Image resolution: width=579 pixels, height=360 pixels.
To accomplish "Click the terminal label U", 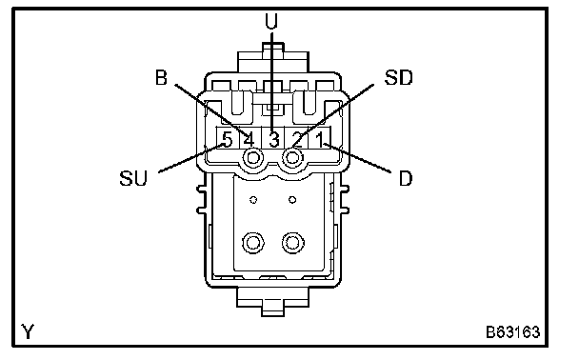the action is [271, 21].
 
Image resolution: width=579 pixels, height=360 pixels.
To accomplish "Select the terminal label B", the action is [161, 78].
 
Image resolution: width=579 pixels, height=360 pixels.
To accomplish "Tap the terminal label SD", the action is [398, 77].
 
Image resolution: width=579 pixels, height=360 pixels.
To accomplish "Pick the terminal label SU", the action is [133, 178].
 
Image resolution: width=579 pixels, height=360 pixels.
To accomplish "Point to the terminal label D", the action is [406, 179].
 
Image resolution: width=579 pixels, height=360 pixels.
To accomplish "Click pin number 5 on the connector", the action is [227, 140].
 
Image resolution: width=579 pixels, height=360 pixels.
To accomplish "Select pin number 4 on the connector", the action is [250, 140].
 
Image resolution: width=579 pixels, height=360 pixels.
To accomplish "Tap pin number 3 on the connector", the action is [273, 140].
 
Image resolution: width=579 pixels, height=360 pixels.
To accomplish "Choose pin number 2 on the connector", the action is [297, 140].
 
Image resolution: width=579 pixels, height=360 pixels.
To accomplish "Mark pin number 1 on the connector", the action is [320, 140].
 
